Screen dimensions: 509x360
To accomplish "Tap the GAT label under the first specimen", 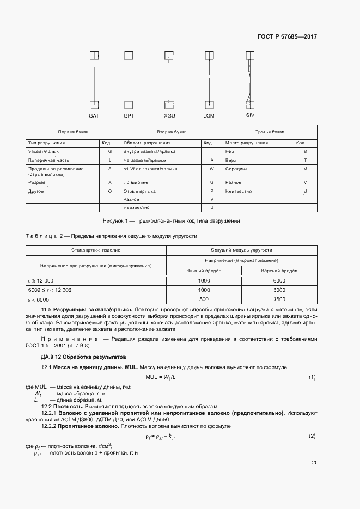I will pyautogui.click(x=94, y=116).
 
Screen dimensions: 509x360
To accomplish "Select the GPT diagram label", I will pyautogui.click(x=129, y=116).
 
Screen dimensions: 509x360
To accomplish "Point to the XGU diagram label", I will pyautogui.click(x=169, y=116).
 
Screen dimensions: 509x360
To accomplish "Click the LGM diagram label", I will pyautogui.click(x=209, y=116).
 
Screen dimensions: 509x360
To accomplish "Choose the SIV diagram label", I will pyautogui.click(x=250, y=115).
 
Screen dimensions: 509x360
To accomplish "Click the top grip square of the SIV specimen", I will pyautogui.click(x=250, y=55).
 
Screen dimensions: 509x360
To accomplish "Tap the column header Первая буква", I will pyautogui.click(x=73, y=132).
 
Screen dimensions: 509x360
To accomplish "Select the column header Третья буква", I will pyautogui.click(x=270, y=132).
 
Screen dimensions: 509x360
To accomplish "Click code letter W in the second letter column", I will pyautogui.click(x=211, y=169).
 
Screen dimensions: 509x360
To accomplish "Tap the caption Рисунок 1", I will pyautogui.click(x=171, y=221).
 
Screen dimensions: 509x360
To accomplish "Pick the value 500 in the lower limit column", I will pyautogui.click(x=204, y=299).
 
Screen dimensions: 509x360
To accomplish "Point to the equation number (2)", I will pyautogui.click(x=312, y=436).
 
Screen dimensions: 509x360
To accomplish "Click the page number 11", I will pyautogui.click(x=314, y=463).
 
